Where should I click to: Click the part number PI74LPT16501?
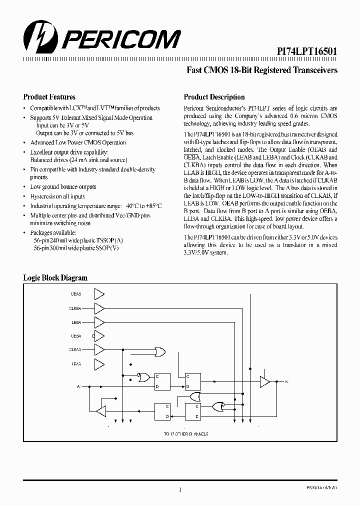[307, 51]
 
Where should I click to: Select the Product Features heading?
[49, 97]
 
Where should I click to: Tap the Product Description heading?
[214, 97]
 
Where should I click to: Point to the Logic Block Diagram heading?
[55, 277]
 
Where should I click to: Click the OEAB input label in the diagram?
[76, 293]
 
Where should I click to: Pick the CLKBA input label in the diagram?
[75, 308]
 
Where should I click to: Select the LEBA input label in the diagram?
[76, 322]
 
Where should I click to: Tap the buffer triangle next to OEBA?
[99, 335]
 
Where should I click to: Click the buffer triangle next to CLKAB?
[99, 349]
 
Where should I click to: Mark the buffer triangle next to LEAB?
[99, 363]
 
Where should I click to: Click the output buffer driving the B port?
[264, 382]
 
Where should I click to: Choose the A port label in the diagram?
[77, 386]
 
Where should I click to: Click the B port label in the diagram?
[286, 382]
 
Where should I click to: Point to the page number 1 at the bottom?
[179, 489]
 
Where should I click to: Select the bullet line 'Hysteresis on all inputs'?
[57, 196]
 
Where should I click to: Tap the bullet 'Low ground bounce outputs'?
[63, 186]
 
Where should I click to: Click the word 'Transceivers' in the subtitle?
[310, 70]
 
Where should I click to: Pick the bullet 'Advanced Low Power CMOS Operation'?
[77, 142]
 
